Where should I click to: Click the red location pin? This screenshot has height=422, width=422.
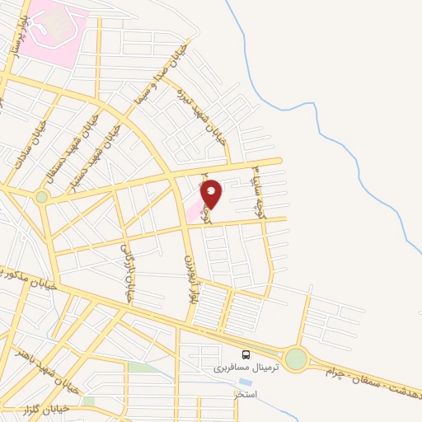click(212, 194)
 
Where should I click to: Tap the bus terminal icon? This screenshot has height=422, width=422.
click(246, 354)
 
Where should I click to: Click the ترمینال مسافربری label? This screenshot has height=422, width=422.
click(237, 368)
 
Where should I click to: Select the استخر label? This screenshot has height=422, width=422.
click(245, 395)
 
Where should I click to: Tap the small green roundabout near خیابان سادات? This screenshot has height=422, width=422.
click(41, 196)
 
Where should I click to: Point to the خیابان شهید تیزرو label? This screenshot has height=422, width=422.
click(209, 124)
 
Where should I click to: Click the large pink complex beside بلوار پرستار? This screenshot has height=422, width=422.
click(54, 30)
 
